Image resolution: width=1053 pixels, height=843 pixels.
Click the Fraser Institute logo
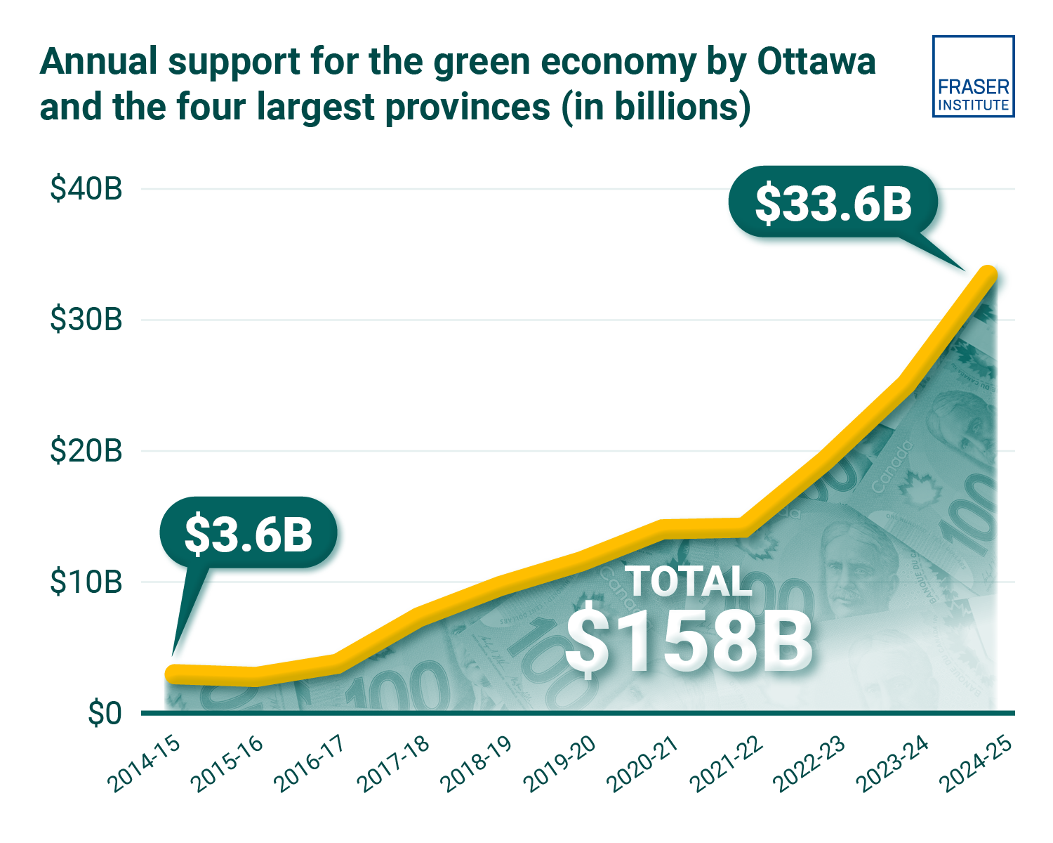[973, 77]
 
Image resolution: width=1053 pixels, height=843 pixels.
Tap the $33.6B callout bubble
[833, 203]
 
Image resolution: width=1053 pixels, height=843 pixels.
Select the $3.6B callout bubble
[249, 533]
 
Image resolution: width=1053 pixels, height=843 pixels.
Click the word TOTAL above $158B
[689, 582]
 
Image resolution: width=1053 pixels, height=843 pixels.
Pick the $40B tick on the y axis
[86, 189]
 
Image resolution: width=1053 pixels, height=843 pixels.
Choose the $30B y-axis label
[86, 320]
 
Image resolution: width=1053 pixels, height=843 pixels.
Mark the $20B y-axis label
[86, 450]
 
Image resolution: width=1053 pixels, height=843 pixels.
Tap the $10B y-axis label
[86, 582]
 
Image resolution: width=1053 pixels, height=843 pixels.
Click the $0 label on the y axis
[105, 713]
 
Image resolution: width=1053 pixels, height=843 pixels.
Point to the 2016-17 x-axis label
[310, 764]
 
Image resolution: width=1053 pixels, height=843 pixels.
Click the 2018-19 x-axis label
[477, 764]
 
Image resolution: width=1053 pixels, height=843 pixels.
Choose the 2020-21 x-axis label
[643, 764]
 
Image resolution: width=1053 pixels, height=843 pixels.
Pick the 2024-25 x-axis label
[976, 764]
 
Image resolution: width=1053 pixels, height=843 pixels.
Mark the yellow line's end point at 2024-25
[988, 275]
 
